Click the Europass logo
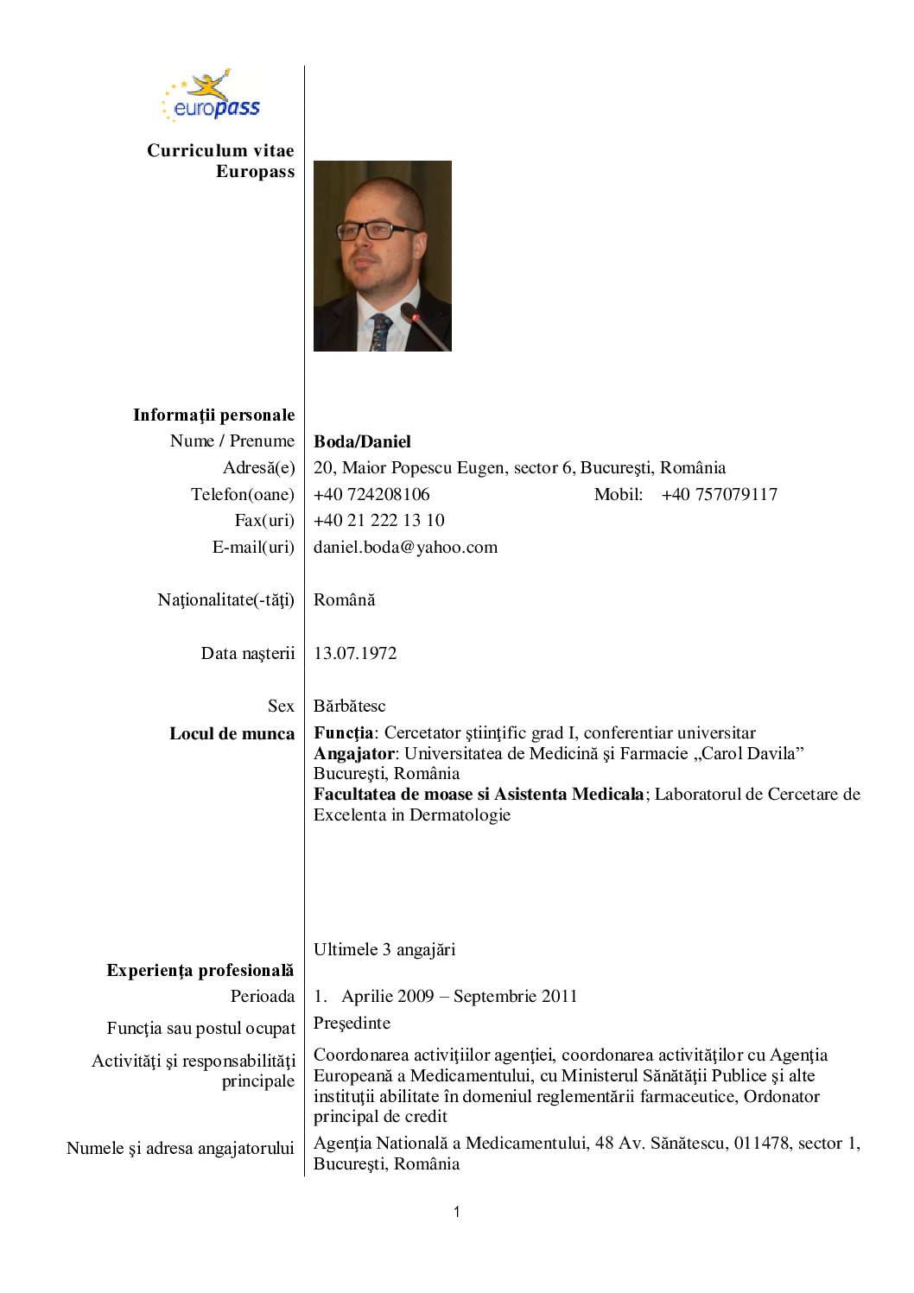pos(212,97)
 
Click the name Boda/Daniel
pos(362,441)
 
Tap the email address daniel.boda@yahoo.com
pos(405,547)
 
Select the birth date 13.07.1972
pos(355,653)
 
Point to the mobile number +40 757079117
pos(719,494)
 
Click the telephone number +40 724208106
pos(371,494)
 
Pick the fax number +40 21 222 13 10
pos(378,520)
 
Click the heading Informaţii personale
pos(213,415)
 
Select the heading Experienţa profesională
pos(200,970)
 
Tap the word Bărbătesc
pos(349,706)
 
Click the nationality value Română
pos(344,599)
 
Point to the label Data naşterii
pos(247,653)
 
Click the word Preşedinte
pos(352,1023)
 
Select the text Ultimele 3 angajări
pos(384,949)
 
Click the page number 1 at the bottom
pos(456,1212)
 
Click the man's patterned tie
pos(380,333)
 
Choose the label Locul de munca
pos(232,733)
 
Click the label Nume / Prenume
pos(232,441)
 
